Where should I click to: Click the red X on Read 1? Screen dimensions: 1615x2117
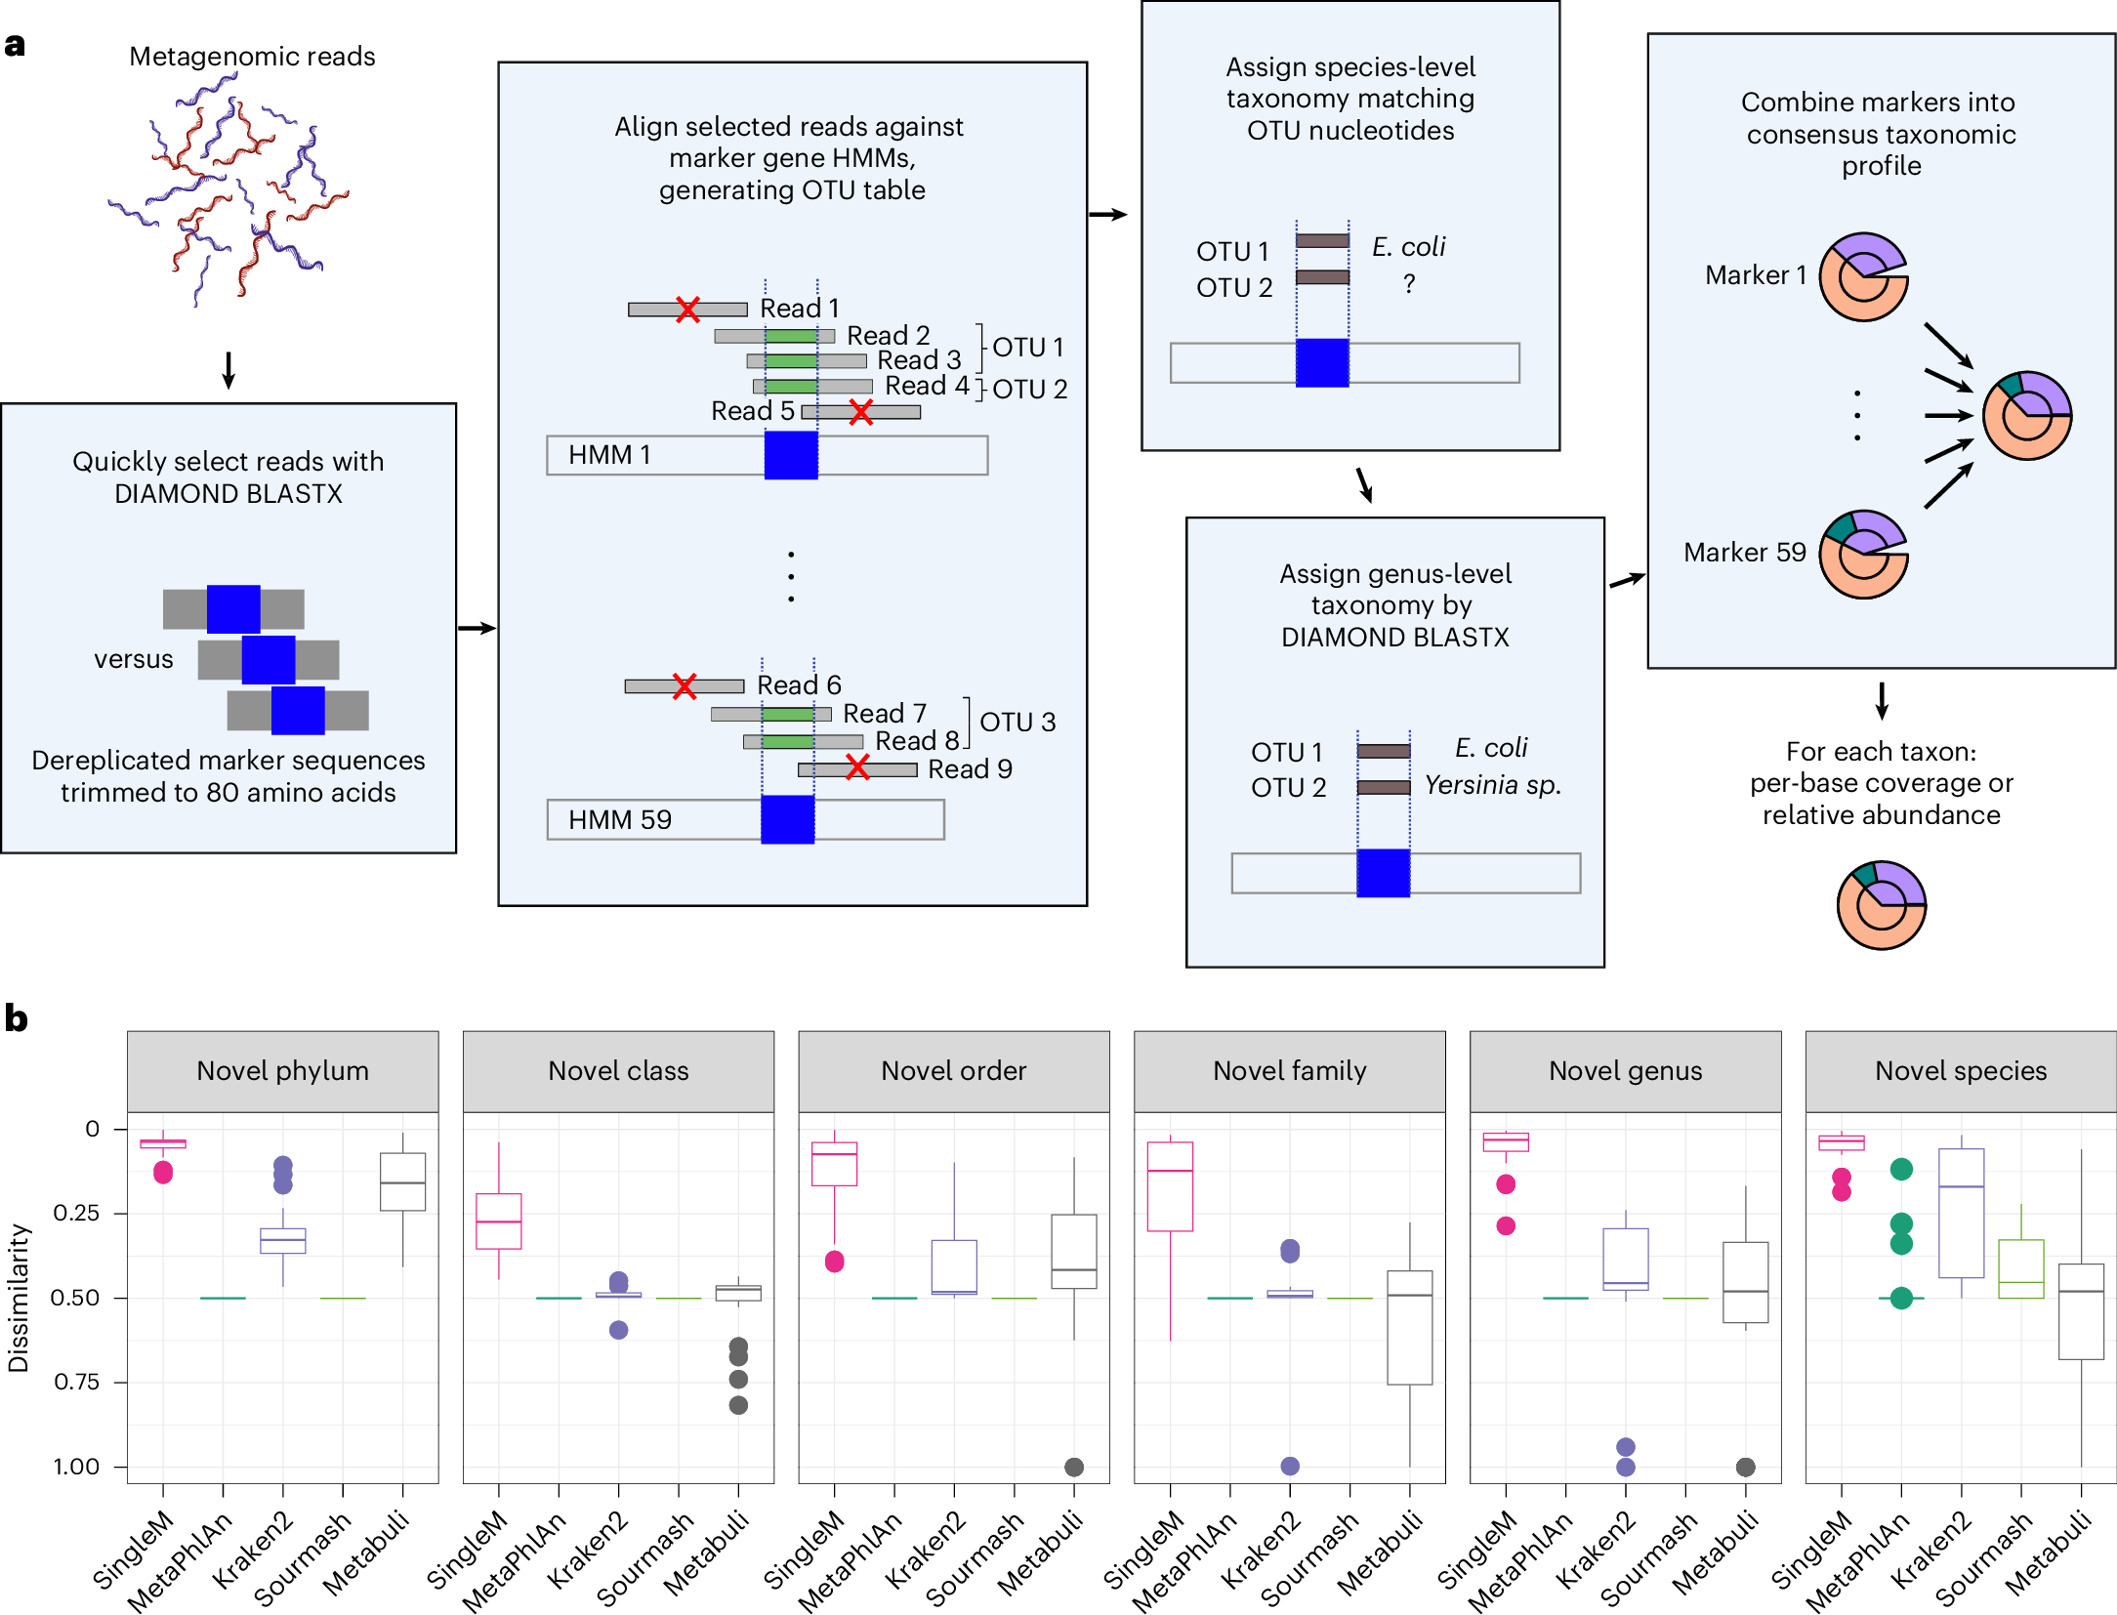point(687,310)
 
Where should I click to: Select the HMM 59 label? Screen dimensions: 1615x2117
point(619,819)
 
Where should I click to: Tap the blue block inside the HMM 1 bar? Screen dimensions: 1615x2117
point(790,455)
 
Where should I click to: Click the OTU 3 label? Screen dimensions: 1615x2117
point(1017,722)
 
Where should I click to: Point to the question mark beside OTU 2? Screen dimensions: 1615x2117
point(1408,284)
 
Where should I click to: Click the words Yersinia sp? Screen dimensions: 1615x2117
point(1492,785)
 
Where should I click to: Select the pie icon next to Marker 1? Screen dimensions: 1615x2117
point(1863,276)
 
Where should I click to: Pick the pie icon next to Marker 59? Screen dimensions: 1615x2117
point(1863,554)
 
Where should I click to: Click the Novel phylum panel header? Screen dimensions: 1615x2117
point(282,1071)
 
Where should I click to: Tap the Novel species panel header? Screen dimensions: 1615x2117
point(1960,1071)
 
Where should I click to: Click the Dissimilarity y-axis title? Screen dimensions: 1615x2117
point(18,1298)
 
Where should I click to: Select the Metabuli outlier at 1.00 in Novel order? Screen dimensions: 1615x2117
point(1073,1467)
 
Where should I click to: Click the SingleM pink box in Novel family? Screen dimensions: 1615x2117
point(1170,1186)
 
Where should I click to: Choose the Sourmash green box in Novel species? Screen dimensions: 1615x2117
point(2020,1268)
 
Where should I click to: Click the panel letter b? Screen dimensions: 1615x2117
point(16,1018)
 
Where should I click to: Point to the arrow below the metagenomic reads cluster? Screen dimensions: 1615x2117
point(228,370)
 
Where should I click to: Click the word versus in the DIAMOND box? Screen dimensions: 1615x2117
point(134,659)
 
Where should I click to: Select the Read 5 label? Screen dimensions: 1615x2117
point(752,411)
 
